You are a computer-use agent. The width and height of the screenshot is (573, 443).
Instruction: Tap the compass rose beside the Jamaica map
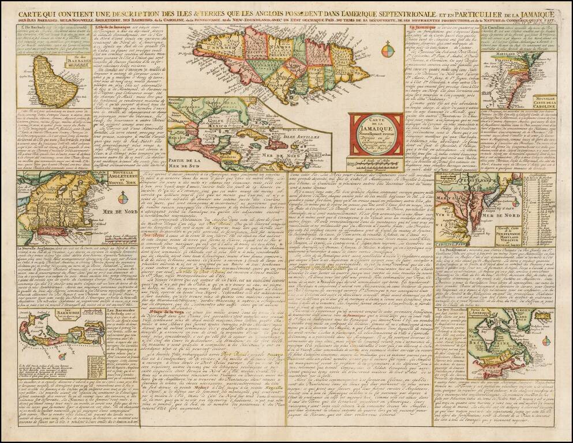tap(388, 51)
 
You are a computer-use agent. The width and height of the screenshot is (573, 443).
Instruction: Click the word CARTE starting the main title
tap(34, 13)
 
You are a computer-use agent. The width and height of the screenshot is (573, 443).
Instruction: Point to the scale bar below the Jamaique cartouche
tap(377, 163)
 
